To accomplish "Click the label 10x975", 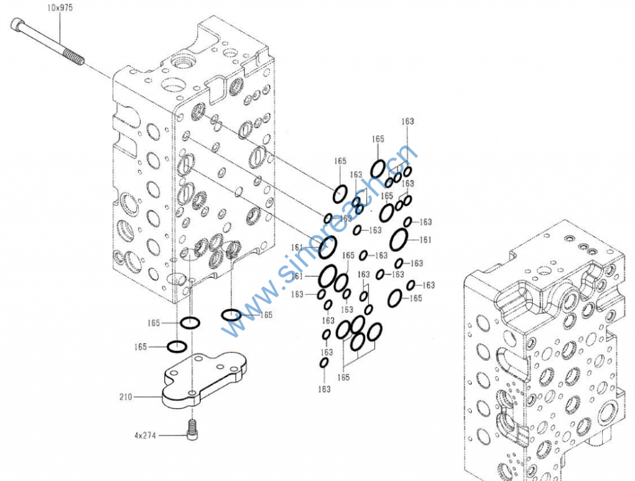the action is coord(60,7).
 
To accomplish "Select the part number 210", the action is coord(125,397).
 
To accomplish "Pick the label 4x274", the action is coord(145,436).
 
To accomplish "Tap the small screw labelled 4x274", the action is coord(192,430).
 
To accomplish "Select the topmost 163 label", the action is coord(408,121).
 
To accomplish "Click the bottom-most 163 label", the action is coord(324,389).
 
